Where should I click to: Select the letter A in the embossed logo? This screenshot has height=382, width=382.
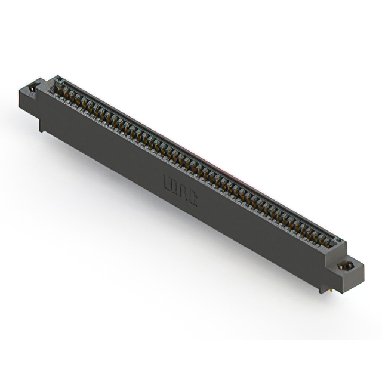(x=185, y=190)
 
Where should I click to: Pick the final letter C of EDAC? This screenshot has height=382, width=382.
(x=193, y=196)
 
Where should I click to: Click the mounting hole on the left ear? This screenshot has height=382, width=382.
(x=33, y=88)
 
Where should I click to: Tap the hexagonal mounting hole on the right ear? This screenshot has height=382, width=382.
(x=345, y=267)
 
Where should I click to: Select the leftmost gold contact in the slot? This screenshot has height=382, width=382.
(x=59, y=90)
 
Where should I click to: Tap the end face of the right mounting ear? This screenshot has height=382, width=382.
(x=353, y=276)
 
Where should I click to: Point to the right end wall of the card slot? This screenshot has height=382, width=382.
(x=338, y=244)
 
